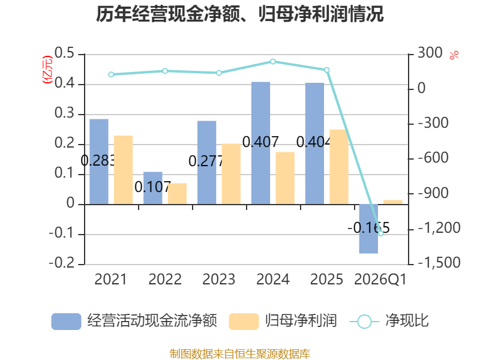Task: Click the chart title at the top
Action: pos(239,14)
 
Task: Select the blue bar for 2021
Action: pos(99,161)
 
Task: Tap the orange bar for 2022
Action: pos(177,194)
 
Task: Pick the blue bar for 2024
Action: pos(261,143)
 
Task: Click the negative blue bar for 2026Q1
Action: pos(368,229)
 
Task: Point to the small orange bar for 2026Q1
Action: pos(393,202)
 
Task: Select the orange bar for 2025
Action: pos(339,167)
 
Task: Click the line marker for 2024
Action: pos(273,62)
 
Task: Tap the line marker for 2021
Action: pos(111,74)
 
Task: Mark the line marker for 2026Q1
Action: pos(381,233)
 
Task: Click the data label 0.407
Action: pos(260,142)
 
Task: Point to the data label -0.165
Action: pos(368,228)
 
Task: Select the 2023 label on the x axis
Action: pos(219,279)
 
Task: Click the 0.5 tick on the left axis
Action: pos(65,53)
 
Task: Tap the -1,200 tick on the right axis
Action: pos(439,228)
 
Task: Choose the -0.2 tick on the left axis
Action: pos(62,263)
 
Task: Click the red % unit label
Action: pos(454,55)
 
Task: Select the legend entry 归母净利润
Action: pos(283,321)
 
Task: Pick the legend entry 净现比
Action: pos(389,321)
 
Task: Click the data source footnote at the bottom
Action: pos(240,353)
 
